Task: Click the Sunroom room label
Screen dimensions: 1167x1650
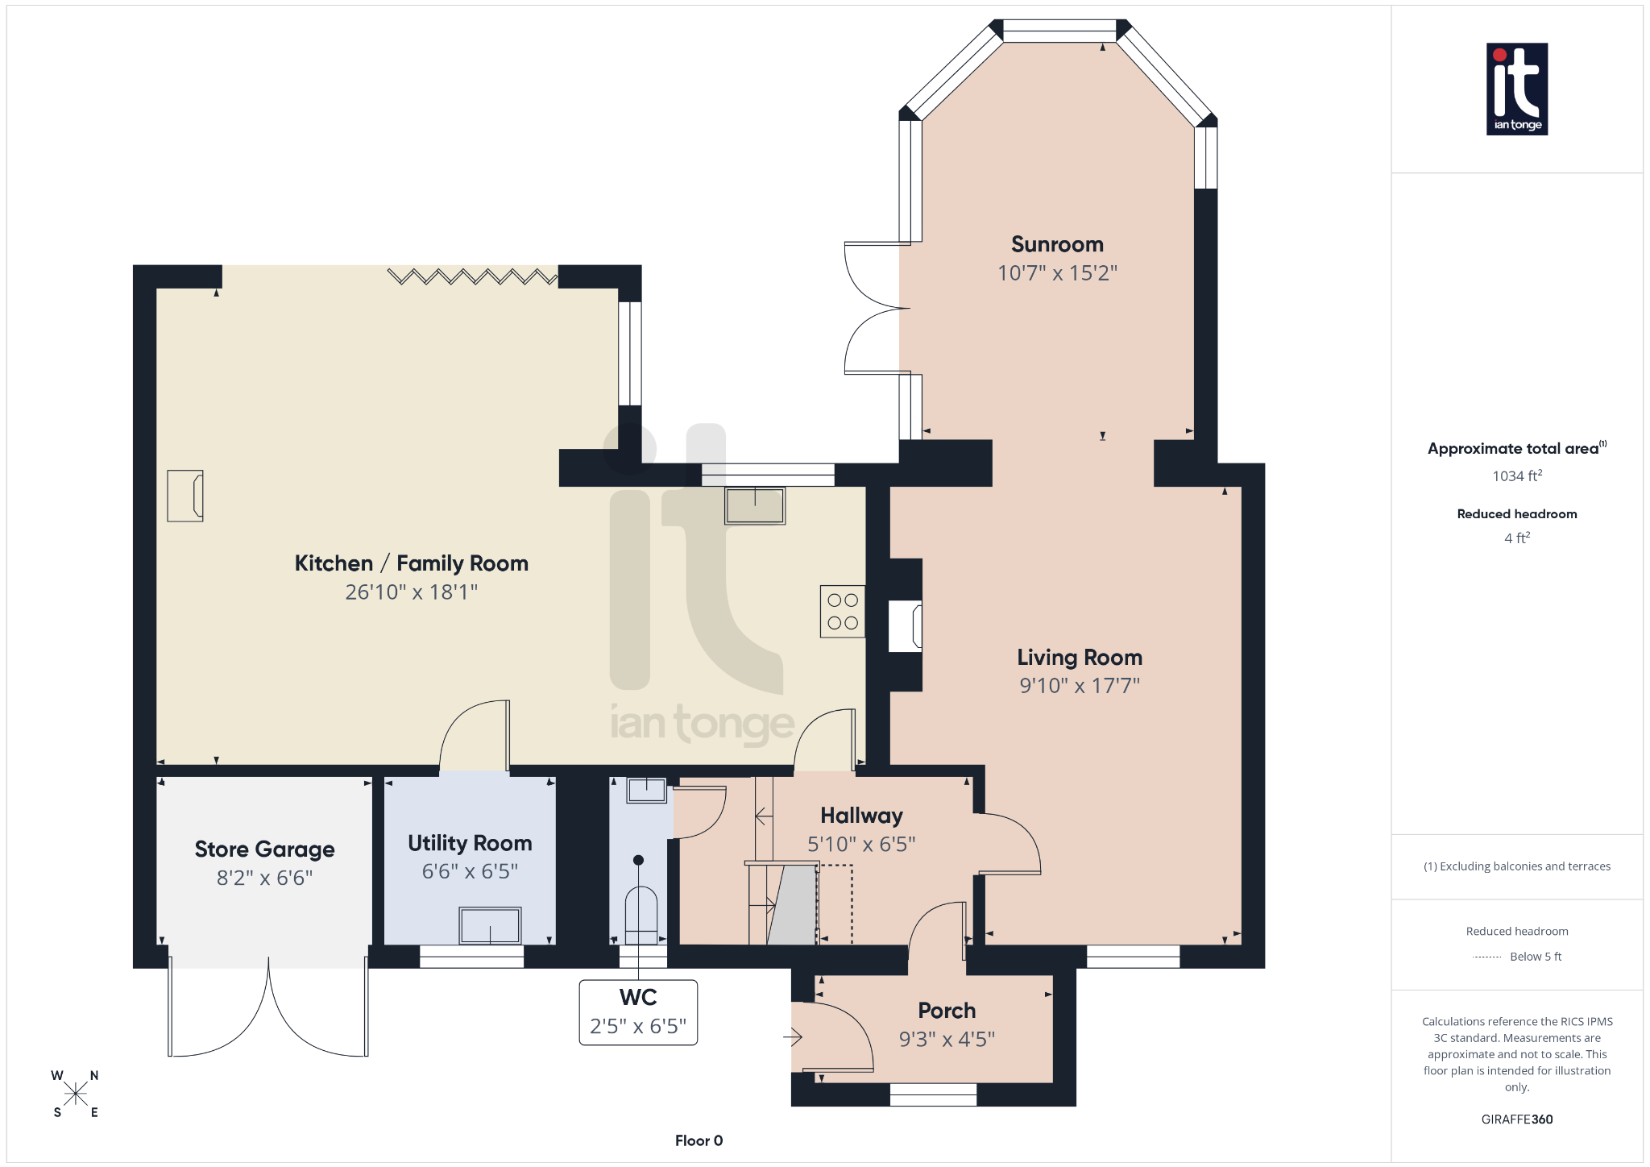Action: (x=1057, y=244)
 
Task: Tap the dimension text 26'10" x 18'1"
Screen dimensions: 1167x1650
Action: (x=411, y=592)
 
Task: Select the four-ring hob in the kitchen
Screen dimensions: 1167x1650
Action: (x=842, y=612)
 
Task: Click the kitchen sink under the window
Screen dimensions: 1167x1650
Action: (x=754, y=506)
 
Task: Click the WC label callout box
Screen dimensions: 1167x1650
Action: (x=638, y=1012)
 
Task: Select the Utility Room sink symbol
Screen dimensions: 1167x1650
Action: (x=490, y=925)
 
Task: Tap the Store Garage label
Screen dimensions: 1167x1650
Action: (x=264, y=849)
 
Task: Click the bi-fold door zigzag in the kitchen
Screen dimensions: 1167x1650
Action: (x=472, y=277)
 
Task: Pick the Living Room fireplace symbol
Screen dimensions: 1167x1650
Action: (x=906, y=625)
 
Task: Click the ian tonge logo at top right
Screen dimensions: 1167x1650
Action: (x=1516, y=89)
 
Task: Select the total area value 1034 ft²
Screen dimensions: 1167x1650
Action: (x=1516, y=476)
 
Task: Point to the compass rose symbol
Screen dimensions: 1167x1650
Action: (x=76, y=1094)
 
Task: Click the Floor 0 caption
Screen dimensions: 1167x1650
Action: (x=699, y=1140)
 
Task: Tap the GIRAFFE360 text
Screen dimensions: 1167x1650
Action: (x=1516, y=1119)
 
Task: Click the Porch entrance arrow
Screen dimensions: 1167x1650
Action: (x=793, y=1037)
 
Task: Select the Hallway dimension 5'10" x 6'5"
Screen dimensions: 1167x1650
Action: (x=861, y=844)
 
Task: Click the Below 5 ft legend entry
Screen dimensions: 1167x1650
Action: (x=1535, y=957)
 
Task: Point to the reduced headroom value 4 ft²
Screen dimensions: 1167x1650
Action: (x=1516, y=538)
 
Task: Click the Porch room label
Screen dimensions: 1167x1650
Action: (x=947, y=1011)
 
